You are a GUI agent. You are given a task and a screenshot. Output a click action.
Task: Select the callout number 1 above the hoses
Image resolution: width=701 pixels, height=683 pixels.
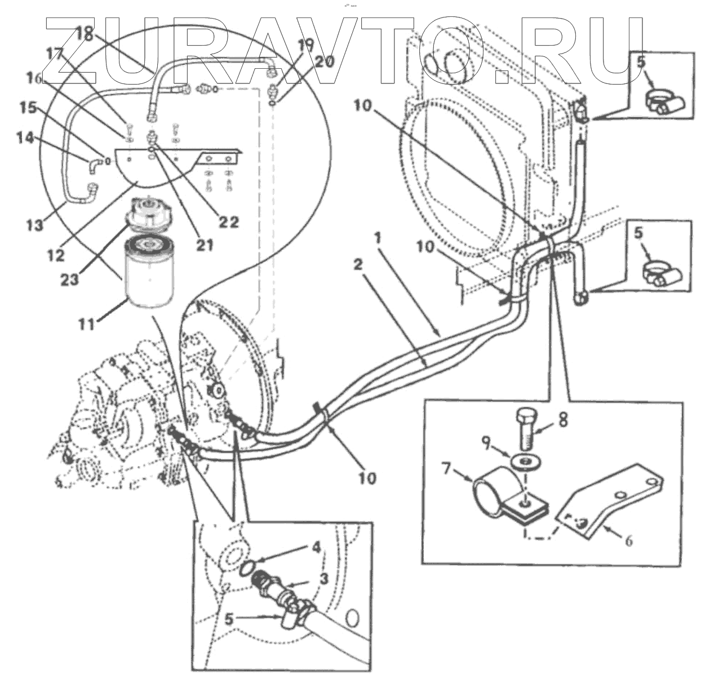pos(377,238)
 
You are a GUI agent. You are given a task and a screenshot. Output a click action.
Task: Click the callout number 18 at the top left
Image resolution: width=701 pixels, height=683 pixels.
pos(84,34)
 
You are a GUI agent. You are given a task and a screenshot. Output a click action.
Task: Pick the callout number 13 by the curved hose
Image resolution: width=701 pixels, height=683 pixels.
pos(36,225)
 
